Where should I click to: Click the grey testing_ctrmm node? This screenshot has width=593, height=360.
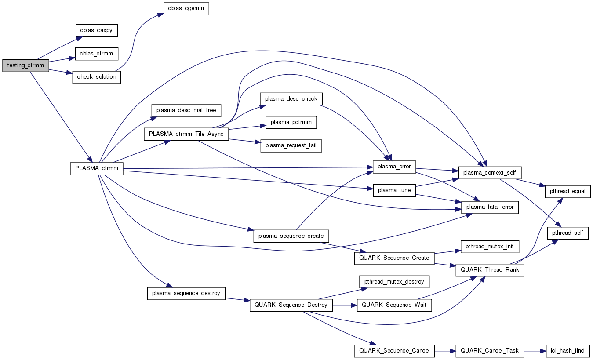tap(25, 65)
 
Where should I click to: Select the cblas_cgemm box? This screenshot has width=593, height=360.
tap(186, 8)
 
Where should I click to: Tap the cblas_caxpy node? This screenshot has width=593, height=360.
tap(96, 31)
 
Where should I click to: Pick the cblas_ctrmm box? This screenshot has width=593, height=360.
tap(96, 54)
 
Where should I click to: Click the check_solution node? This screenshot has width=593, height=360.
tap(96, 77)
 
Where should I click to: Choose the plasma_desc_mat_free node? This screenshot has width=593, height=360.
tap(186, 110)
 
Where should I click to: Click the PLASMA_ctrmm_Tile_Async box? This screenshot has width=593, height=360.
tap(186, 134)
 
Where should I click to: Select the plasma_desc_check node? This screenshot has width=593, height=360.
tap(291, 99)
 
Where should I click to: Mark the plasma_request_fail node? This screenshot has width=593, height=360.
tap(291, 145)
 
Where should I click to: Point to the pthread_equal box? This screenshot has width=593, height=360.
tap(568, 192)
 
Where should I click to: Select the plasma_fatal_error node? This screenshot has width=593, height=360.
tap(490, 207)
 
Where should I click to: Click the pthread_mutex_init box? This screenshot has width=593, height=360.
tap(490, 246)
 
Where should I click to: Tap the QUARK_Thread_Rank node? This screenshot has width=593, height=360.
tap(490, 269)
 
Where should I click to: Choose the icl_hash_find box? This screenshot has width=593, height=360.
tap(568, 351)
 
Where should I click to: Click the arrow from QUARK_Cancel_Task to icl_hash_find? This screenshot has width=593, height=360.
tap(535, 351)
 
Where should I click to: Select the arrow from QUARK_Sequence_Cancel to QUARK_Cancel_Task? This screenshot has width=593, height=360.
tap(445, 351)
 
